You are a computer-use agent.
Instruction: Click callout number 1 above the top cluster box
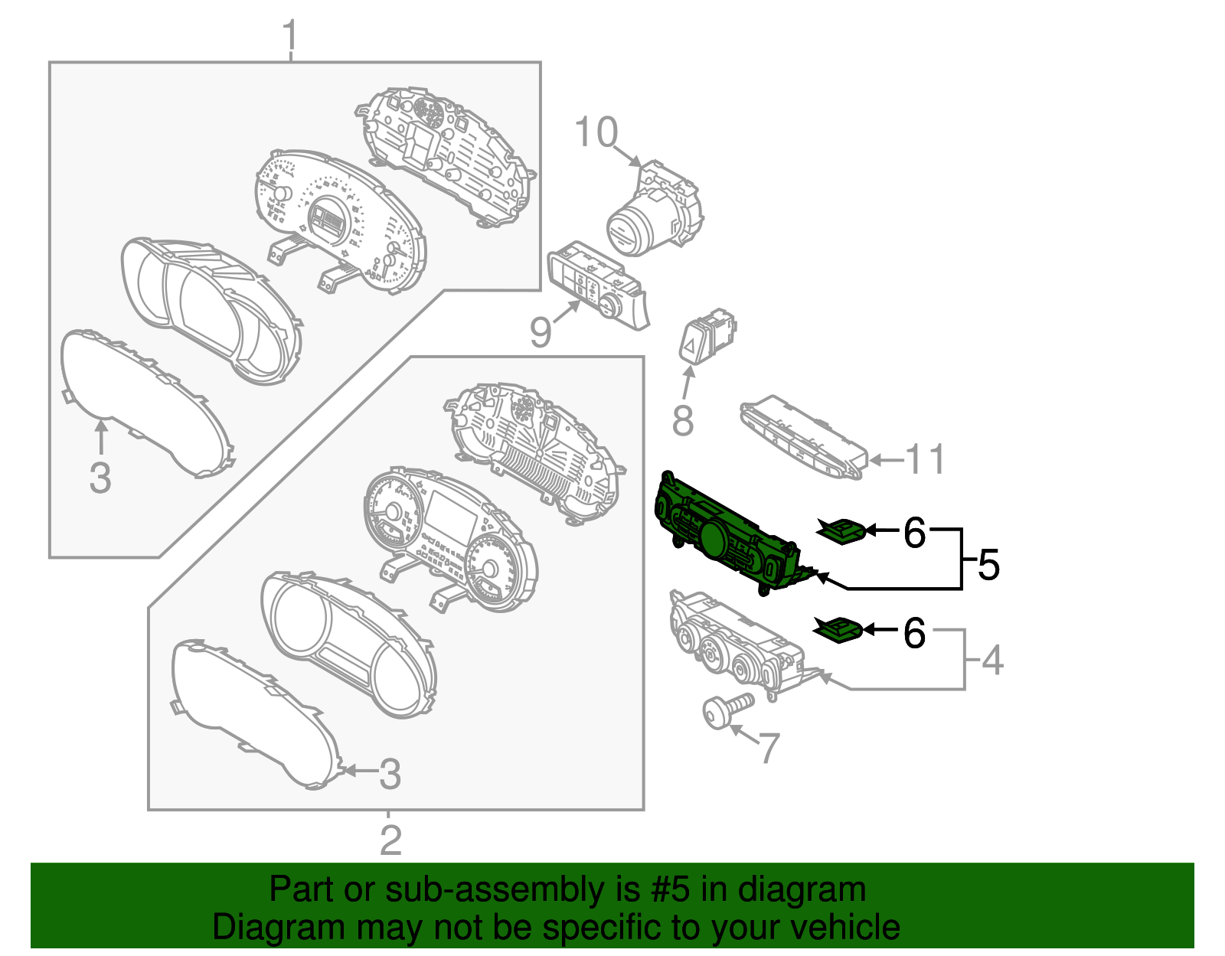pyautogui.click(x=289, y=35)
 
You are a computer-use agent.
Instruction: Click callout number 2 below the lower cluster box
pyautogui.click(x=390, y=840)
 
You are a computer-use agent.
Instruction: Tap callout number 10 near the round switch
pyautogui.click(x=596, y=132)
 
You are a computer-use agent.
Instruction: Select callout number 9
pyautogui.click(x=540, y=332)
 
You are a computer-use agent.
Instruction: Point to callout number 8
pyautogui.click(x=683, y=419)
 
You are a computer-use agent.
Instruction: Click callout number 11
pyautogui.click(x=925, y=458)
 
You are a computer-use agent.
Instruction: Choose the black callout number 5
pyautogui.click(x=988, y=564)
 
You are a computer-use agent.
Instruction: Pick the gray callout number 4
pyautogui.click(x=992, y=660)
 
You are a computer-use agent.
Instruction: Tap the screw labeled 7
pyautogui.click(x=727, y=711)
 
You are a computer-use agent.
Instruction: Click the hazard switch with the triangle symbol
pyautogui.click(x=707, y=336)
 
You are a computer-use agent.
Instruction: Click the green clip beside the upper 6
pyautogui.click(x=841, y=530)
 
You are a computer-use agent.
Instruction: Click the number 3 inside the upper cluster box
pyautogui.click(x=100, y=478)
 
